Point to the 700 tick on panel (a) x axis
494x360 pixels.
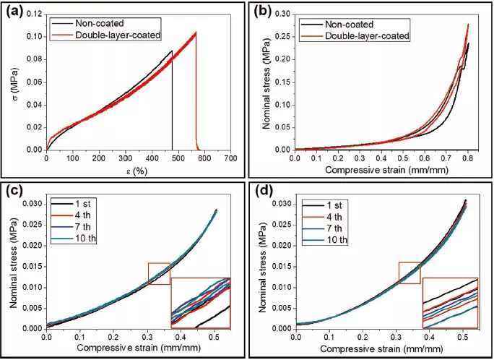[230, 158]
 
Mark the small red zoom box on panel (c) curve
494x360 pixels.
[159, 275]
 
